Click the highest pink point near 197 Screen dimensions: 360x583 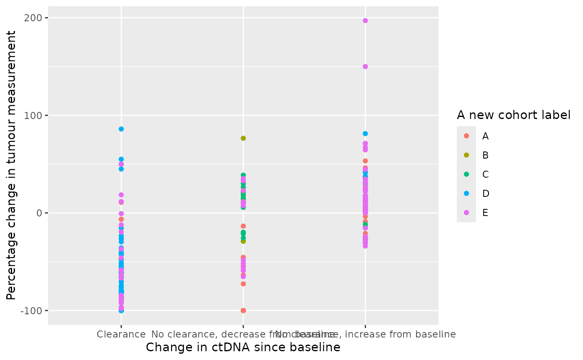click(365, 20)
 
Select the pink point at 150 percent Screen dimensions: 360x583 click(365, 67)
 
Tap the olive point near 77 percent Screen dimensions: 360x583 click(243, 138)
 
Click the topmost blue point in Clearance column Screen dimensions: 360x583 click(121, 129)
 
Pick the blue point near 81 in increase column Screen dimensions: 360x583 click(365, 134)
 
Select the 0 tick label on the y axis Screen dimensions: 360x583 click(40, 213)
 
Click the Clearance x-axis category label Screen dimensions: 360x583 click(121, 334)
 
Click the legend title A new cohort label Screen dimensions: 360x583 click(513, 115)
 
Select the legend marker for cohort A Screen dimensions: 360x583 click(466, 136)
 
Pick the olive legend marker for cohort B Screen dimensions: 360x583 click(466, 155)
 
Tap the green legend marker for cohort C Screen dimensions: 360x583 click(466, 174)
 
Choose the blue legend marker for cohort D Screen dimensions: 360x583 click(466, 194)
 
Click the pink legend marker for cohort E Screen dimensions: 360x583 click(466, 213)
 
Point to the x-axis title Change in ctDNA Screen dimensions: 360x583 click(243, 348)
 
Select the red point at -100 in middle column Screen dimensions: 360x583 click(243, 310)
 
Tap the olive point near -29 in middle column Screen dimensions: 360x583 click(243, 241)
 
